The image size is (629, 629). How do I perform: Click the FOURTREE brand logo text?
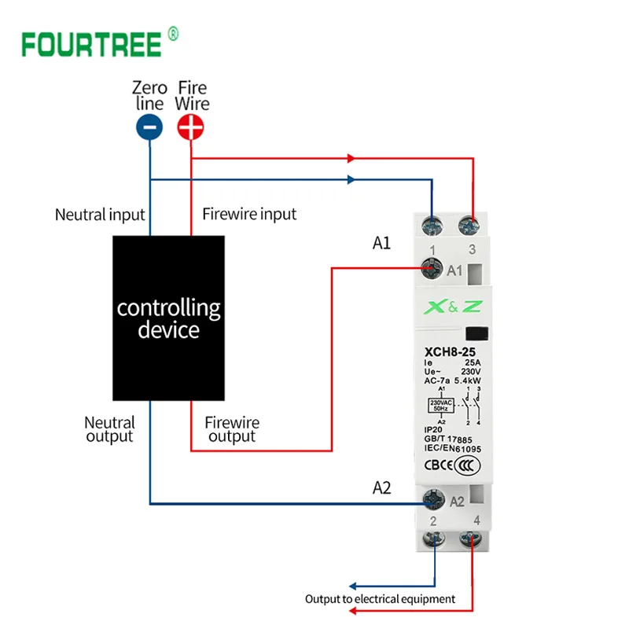click(x=90, y=43)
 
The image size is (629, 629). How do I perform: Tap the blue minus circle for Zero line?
click(x=149, y=127)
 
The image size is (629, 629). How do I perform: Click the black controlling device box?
click(x=169, y=318)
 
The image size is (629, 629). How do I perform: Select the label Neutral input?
click(x=100, y=214)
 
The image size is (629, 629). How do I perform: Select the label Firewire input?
click(x=249, y=214)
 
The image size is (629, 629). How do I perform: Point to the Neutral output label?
click(x=110, y=429)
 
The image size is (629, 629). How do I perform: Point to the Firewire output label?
click(x=232, y=429)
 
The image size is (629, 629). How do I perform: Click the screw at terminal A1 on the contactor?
click(x=431, y=270)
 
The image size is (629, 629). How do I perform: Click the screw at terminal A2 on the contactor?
click(x=431, y=498)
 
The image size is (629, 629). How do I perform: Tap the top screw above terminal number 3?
click(x=473, y=226)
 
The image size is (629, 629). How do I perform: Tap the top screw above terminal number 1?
click(x=432, y=226)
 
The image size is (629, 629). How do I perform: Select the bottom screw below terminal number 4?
click(x=473, y=541)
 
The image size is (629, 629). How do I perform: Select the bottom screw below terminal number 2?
click(x=432, y=541)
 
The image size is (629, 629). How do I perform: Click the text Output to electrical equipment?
click(x=381, y=599)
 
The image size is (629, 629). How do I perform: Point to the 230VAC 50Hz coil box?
click(x=438, y=406)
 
